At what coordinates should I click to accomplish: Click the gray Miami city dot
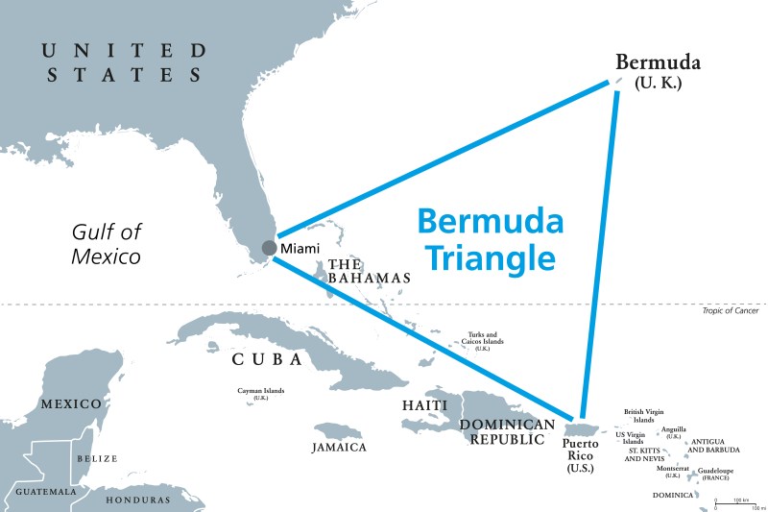pos(269,249)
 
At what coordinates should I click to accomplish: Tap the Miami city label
pos(300,250)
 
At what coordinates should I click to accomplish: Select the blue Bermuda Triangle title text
pos(490,240)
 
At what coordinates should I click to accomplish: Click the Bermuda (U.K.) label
pos(658,72)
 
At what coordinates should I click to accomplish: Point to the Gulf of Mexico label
pos(107,244)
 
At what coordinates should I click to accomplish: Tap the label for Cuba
pos(267,359)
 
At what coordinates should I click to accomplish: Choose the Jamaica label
pos(339,448)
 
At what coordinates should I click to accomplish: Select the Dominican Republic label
pos(507,431)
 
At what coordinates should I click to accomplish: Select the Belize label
pos(97,460)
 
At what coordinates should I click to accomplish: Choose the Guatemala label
pos(45,492)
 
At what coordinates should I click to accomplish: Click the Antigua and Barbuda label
pos(715,445)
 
